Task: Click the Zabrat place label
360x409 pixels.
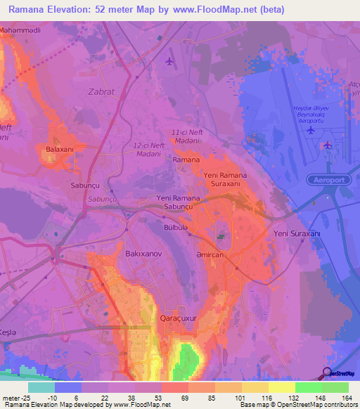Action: tap(102, 91)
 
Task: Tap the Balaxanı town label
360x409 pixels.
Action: tap(60, 150)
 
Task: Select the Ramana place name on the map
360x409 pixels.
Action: tap(186, 160)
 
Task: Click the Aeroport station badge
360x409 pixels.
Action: tap(328, 180)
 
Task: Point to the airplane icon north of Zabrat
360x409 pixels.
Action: tap(169, 61)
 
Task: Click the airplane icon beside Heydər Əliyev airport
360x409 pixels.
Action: tap(328, 145)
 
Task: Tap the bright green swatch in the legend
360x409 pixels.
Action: tap(308, 387)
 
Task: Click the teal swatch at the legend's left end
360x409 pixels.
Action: tap(41, 387)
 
